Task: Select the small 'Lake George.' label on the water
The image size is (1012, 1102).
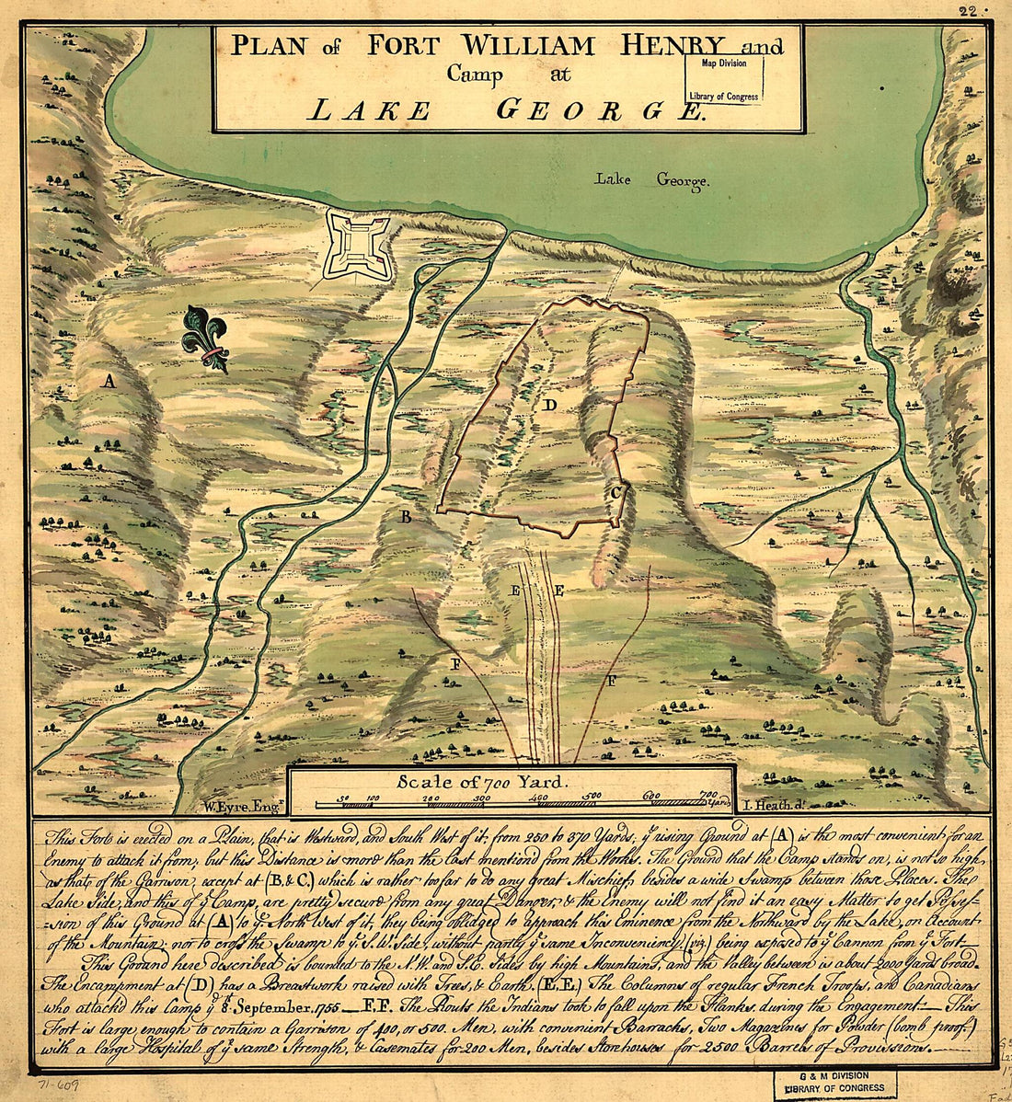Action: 651,180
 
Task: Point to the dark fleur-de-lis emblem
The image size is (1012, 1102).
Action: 205,339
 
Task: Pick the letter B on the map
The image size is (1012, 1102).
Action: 404,517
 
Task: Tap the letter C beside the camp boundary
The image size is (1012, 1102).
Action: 615,493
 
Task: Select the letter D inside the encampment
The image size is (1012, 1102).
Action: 549,405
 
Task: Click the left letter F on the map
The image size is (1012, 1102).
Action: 454,662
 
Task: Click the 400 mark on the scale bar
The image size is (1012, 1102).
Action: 539,797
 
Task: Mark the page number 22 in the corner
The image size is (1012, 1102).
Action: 966,11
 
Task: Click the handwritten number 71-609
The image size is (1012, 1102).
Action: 56,1085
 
